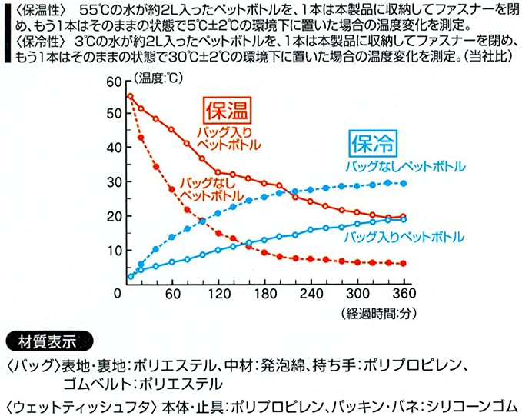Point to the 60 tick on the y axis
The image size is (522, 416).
(x=115, y=82)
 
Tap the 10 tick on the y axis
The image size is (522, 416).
(x=115, y=250)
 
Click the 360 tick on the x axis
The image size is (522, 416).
(x=402, y=293)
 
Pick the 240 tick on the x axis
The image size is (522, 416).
(x=312, y=293)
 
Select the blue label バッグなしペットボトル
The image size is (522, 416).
(x=405, y=166)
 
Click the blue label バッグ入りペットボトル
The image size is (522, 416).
(x=404, y=236)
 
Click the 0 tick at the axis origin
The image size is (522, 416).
(x=118, y=293)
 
